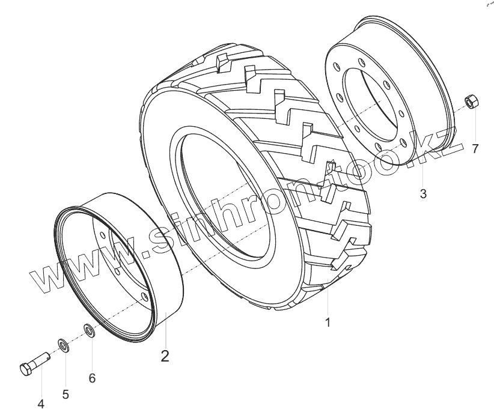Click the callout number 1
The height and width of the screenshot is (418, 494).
pyautogui.click(x=328, y=323)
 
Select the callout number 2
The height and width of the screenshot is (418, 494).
pyautogui.click(x=165, y=356)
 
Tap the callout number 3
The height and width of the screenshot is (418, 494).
pyautogui.click(x=423, y=195)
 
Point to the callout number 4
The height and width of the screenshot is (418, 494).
pyautogui.click(x=41, y=405)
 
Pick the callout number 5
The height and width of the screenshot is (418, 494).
pyautogui.click(x=66, y=395)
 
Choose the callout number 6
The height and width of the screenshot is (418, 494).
pyautogui.click(x=92, y=378)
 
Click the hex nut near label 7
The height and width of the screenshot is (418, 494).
pyautogui.click(x=471, y=102)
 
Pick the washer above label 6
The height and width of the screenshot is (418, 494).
pyautogui.click(x=88, y=330)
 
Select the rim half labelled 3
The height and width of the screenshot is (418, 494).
pyautogui.click(x=391, y=96)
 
